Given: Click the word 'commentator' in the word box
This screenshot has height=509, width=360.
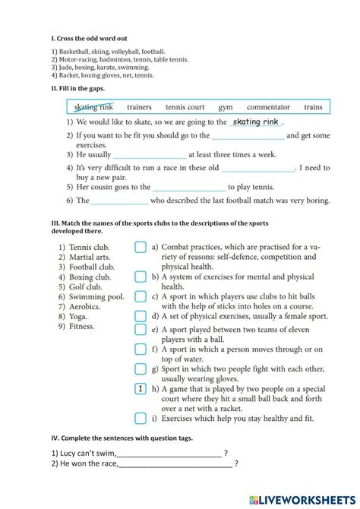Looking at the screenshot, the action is tap(268, 107).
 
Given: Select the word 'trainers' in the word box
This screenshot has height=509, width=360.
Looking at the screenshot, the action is tap(139, 107).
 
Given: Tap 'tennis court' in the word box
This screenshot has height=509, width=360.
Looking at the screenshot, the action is tap(185, 107).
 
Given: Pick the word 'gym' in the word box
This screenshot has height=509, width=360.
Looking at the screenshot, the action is tap(226, 107).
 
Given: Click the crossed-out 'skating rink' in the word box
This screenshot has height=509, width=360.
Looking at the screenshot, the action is tap(94, 107).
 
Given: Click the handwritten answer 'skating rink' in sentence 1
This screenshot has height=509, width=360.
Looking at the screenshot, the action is tap(256, 122).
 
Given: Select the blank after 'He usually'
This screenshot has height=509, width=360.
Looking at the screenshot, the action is tap(149, 154).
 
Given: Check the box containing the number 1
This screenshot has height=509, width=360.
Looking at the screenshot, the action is tap(141, 389).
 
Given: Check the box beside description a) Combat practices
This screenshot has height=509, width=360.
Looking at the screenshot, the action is tap(141, 247).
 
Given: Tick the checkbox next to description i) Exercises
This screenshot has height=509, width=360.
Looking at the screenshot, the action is tap(141, 418).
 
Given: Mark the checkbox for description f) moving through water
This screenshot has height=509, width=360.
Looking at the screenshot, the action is tap(141, 349).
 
